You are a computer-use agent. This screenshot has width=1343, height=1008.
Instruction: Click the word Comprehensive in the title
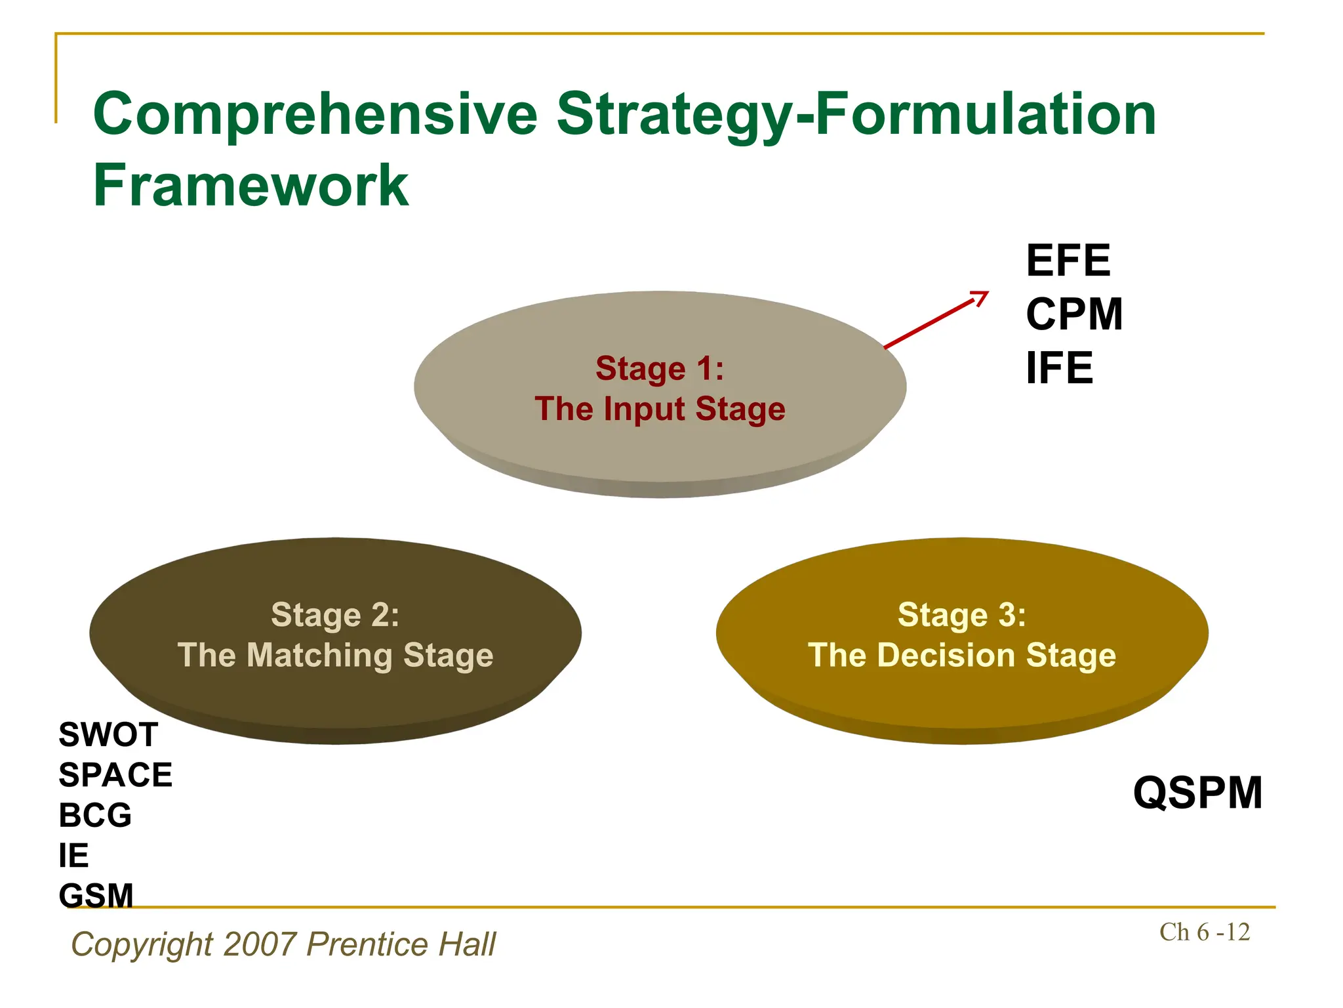pos(315,115)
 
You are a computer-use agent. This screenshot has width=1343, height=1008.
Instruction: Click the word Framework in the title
pos(251,186)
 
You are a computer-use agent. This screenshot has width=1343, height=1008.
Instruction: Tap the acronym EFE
pos(1068,261)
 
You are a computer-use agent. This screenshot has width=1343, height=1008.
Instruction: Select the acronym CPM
pos(1074,314)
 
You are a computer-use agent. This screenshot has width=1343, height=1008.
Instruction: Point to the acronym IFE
pos(1059,368)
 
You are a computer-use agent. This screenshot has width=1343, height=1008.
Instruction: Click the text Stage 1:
pos(660,368)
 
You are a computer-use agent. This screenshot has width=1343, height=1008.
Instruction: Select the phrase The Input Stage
pos(660,409)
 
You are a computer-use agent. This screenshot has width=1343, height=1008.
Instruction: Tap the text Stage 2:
pos(335,615)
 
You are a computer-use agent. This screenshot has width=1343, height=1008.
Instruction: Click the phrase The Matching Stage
pos(335,656)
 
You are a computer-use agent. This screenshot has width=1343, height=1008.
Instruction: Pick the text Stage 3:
pos(961,615)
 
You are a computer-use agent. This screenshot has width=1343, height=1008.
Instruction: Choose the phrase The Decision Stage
pos(961,656)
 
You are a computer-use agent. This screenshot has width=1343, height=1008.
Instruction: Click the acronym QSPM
pos(1197,793)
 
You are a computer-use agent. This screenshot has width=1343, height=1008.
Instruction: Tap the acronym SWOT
pos(108,734)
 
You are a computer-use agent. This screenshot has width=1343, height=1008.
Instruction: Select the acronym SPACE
pos(115,775)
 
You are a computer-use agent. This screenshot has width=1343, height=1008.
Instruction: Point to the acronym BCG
pos(95,816)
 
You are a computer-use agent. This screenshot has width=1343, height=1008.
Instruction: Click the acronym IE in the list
pos(73,856)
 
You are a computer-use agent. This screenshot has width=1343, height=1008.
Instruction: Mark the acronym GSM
pos(96,896)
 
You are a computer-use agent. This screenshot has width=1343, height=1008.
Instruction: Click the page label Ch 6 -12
pos(1204,932)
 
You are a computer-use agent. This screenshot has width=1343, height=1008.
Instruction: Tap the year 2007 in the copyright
pos(260,944)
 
